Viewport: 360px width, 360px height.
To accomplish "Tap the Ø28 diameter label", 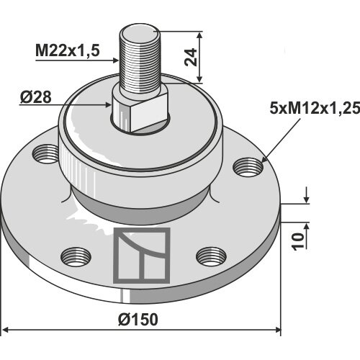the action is (36, 97).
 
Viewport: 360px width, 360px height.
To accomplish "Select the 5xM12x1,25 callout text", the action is (315, 108).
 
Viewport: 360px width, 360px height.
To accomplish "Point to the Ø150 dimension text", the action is (138, 320).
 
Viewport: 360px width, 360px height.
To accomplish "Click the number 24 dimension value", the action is (191, 58).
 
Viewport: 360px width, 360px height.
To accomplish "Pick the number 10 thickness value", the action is (297, 241).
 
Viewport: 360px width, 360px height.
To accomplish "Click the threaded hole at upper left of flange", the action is (45, 154).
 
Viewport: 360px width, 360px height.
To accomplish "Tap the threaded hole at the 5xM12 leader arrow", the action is (248, 167).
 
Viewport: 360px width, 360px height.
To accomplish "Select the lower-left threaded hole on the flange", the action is (76, 257).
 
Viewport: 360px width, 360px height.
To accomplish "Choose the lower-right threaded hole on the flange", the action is (211, 256).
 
